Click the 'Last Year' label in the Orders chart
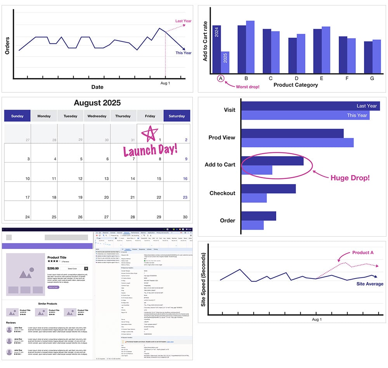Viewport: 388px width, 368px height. tap(183, 21)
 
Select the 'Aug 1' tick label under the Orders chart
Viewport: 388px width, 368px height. tap(165, 83)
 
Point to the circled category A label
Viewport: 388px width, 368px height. tap(220, 79)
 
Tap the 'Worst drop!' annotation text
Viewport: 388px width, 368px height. tap(248, 86)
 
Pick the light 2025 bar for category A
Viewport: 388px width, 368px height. tap(225, 62)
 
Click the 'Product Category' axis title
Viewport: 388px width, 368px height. tap(296, 85)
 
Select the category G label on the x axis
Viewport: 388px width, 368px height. tap(372, 78)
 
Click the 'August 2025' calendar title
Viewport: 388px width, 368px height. tap(97, 103)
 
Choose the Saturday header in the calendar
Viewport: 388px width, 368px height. tap(177, 116)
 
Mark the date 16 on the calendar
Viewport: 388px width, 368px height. tap(185, 179)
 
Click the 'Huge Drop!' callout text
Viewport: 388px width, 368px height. tap(350, 178)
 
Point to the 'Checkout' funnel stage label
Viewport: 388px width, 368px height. tap(222, 193)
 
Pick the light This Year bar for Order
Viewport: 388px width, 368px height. tap(252, 225)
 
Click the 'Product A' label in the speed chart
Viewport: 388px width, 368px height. tap(363, 253)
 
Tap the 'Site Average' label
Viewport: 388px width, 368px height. tap(370, 284)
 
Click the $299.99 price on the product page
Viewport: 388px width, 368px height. tap(53, 268)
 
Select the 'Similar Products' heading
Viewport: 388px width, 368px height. tap(48, 303)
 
